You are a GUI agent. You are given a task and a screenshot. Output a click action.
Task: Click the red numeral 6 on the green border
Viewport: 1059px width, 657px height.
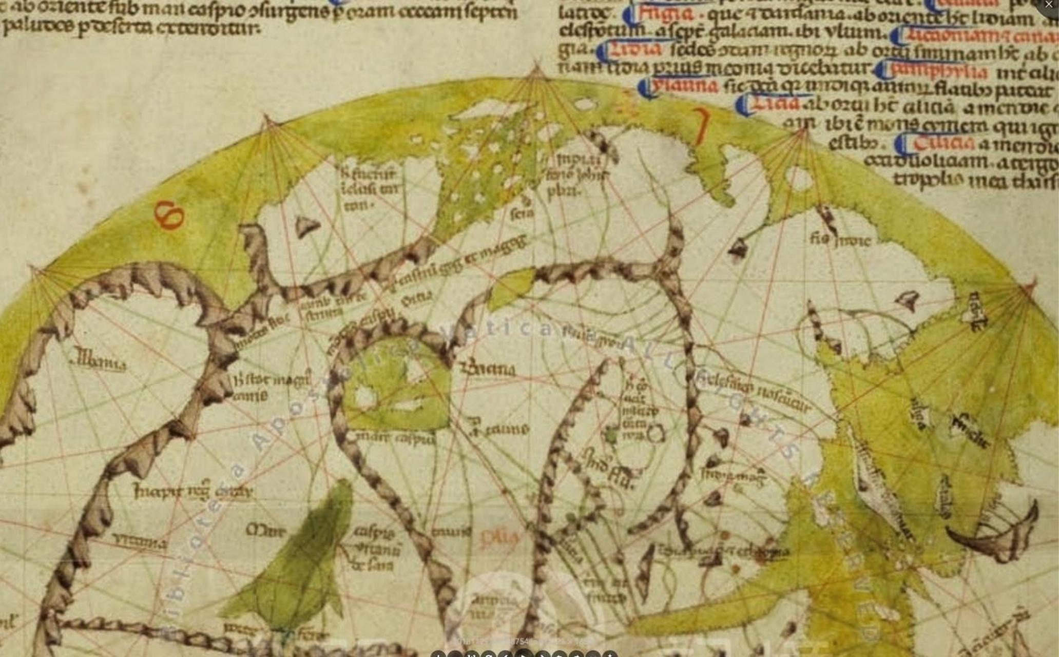(x=169, y=215)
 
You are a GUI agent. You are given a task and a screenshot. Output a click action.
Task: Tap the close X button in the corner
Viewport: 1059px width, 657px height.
(x=1049, y=5)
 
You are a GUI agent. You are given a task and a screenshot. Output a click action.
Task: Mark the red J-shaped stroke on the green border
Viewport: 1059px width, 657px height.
(x=701, y=126)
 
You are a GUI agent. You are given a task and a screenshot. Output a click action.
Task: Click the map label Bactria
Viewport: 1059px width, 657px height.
(x=488, y=369)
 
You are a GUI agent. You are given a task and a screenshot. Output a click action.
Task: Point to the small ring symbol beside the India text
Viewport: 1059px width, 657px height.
(x=656, y=434)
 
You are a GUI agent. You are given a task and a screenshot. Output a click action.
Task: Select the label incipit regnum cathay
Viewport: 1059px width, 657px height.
(x=192, y=492)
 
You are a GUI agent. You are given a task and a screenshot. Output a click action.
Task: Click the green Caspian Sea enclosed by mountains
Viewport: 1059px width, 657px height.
(x=395, y=390)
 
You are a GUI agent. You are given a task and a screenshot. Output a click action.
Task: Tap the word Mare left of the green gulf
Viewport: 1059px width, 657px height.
(x=265, y=530)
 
